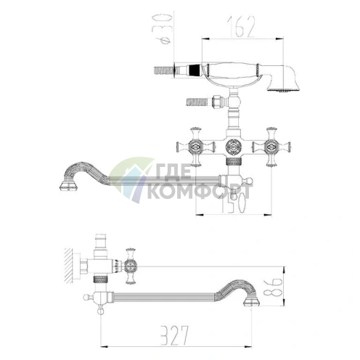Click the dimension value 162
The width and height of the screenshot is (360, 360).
(241, 27)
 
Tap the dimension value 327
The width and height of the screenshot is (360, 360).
(174, 335)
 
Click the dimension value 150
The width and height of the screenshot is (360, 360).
(233, 202)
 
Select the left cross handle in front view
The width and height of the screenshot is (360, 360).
(195, 147)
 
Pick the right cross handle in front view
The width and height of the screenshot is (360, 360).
(271, 147)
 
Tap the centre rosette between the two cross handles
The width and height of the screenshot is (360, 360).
(233, 147)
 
